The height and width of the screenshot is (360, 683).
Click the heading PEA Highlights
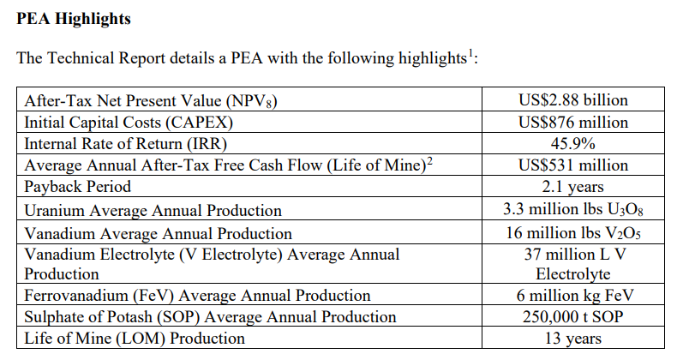73,19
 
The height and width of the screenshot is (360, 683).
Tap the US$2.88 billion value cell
572,99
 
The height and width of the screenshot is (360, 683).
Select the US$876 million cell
572,122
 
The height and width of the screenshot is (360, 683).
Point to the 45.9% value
572,143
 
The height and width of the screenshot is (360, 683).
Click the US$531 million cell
572,165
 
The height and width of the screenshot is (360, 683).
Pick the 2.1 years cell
572,187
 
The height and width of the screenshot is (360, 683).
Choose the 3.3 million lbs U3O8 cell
572,209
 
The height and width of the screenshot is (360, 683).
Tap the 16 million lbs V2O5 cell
572,233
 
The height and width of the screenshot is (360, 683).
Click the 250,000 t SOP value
572,316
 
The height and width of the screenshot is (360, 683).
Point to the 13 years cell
572,339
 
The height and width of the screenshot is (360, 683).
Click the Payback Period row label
77,187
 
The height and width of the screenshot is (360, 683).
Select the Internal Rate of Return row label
125,144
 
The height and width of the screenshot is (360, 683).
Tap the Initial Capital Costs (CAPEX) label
129,123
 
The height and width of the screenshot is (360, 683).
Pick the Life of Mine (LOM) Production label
135,339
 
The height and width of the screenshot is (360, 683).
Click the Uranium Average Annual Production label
153,211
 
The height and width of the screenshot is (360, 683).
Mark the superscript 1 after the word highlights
470,54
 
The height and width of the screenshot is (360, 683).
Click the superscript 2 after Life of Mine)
429,161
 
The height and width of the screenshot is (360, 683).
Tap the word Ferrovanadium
75,296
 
